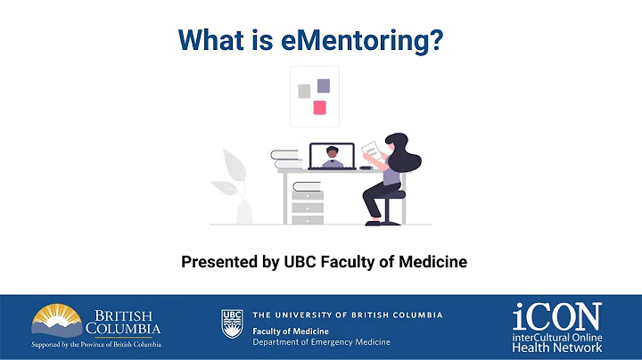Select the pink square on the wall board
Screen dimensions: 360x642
[x=319, y=108]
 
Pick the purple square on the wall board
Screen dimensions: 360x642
[x=324, y=86]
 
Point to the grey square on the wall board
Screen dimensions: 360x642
[x=304, y=90]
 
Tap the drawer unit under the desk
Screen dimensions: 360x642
[x=307, y=206]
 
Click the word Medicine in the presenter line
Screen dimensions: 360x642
[x=433, y=262]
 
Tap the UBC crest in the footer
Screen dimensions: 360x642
[x=232, y=323]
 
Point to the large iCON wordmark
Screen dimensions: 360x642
[x=556, y=315]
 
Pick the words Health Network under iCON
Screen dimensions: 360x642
[x=557, y=346]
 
